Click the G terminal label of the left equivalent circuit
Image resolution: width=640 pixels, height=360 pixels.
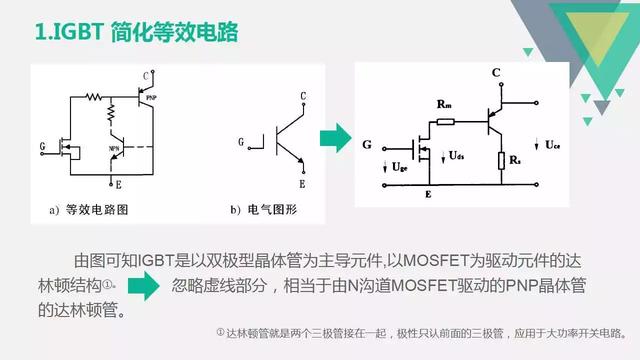(x=42, y=146)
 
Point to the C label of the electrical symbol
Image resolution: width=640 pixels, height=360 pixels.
(x=302, y=97)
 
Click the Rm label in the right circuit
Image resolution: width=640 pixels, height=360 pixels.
(x=442, y=103)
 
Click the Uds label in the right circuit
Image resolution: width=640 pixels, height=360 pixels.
(x=457, y=156)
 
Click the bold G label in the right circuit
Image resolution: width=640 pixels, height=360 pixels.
(x=368, y=146)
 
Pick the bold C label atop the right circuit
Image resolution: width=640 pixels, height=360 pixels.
(x=495, y=73)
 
